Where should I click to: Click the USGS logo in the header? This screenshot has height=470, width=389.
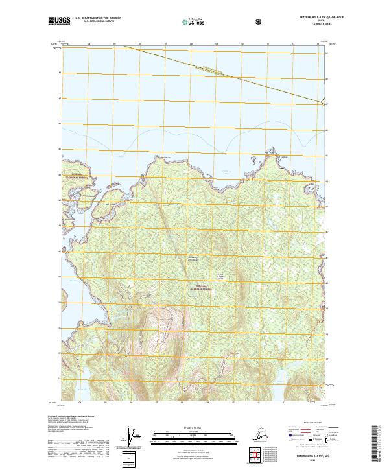pyautogui.click(x=58, y=21)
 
